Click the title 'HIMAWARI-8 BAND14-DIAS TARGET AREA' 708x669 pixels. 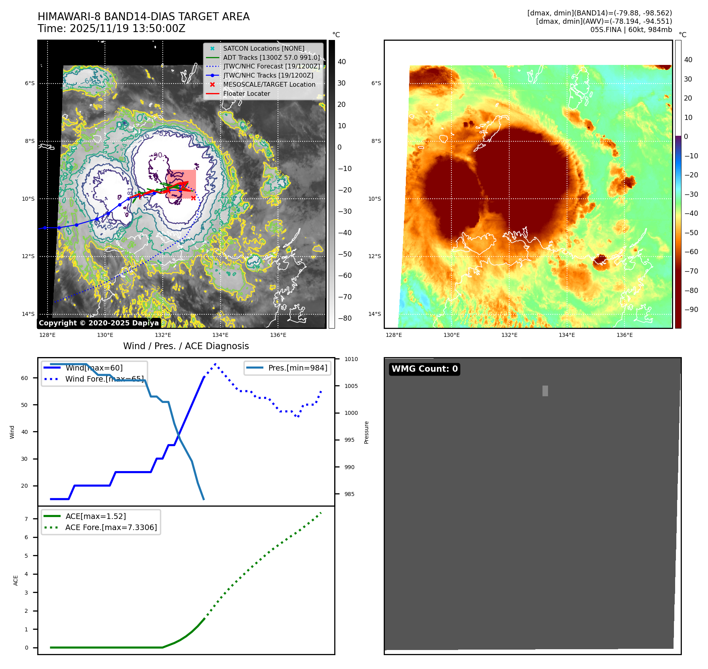pyautogui.click(x=143, y=17)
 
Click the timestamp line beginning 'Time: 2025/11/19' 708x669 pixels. pyautogui.click(x=111, y=29)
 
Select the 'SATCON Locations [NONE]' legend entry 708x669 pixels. pyautogui.click(x=263, y=48)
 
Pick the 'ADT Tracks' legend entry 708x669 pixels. pyautogui.click(x=271, y=57)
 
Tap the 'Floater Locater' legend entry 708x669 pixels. pyautogui.click(x=246, y=93)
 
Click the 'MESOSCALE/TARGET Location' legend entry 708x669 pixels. pyautogui.click(x=269, y=84)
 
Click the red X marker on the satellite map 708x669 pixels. pyautogui.click(x=193, y=198)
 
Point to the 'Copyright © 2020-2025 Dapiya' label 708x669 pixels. pyautogui.click(x=99, y=323)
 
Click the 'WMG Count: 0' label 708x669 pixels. pyautogui.click(x=424, y=369)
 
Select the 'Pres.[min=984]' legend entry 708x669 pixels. pyautogui.click(x=297, y=368)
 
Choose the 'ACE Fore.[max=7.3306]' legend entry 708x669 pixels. pyautogui.click(x=111, y=527)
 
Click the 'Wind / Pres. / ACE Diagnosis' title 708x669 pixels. pyautogui.click(x=186, y=346)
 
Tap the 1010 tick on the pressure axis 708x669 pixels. pyautogui.click(x=351, y=359)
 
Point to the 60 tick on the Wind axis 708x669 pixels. pyautogui.click(x=25, y=378)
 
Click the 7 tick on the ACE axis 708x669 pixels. pyautogui.click(x=27, y=519)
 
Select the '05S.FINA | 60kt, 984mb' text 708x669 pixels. pyautogui.click(x=631, y=30)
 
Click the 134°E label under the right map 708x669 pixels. pyautogui.click(x=567, y=335)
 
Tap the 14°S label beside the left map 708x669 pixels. pyautogui.click(x=28, y=314)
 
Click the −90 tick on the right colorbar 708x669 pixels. pyautogui.click(x=691, y=310)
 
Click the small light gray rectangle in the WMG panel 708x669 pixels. pyautogui.click(x=545, y=391)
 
